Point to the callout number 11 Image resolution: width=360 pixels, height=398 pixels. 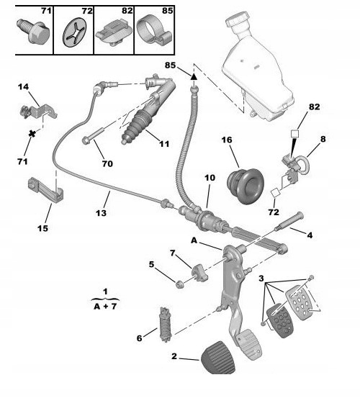click(x=164, y=144)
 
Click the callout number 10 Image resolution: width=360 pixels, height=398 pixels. click(x=210, y=177)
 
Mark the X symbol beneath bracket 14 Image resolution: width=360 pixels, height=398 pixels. click(x=32, y=134)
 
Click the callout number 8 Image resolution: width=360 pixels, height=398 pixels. click(x=323, y=138)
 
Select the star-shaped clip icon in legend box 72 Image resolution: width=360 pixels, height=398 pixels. click(x=73, y=30)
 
